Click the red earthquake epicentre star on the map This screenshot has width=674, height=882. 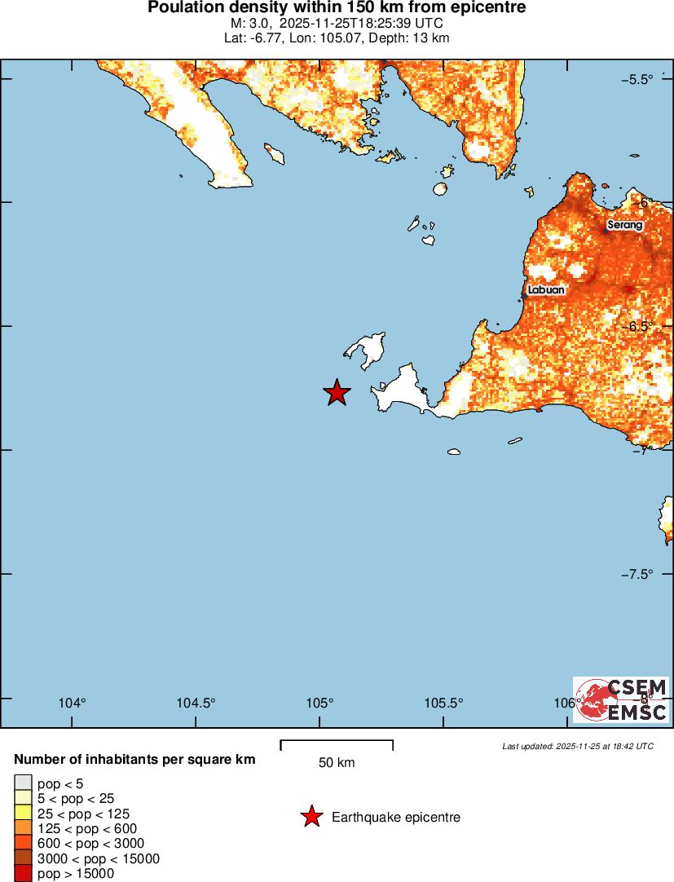pos(337,393)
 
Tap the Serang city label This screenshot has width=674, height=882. pos(625,225)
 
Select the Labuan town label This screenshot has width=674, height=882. pos(545,289)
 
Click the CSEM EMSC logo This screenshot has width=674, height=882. pos(622,700)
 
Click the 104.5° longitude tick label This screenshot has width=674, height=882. pos(196,703)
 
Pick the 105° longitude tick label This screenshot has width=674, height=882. pos(320,703)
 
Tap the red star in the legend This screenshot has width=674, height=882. pos(311,817)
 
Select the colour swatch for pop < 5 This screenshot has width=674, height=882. pos(24,784)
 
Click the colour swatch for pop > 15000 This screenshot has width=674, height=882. pos(24,874)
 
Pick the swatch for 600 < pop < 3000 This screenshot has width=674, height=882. pos(24,844)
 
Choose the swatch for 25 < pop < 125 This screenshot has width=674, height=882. pos(24,814)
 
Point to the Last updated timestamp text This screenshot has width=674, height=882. pos(577,746)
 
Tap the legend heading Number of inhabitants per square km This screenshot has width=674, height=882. pos(134,760)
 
